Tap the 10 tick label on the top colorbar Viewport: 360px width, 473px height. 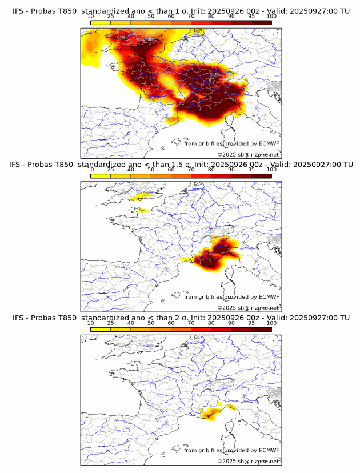[x=91, y=17]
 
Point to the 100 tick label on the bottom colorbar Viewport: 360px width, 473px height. [x=271, y=323]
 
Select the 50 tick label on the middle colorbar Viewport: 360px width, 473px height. [x=151, y=170]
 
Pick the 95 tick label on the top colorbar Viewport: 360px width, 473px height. [x=251, y=17]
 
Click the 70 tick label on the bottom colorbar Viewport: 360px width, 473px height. [x=191, y=323]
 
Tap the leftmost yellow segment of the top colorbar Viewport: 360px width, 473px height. [x=101, y=22]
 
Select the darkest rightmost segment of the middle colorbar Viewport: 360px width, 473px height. [x=261, y=176]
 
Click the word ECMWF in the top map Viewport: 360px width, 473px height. [x=269, y=143]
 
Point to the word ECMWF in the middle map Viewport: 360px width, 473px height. [x=269, y=297]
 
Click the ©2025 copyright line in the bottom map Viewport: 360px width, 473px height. [x=248, y=461]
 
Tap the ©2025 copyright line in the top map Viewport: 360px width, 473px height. [x=248, y=154]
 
